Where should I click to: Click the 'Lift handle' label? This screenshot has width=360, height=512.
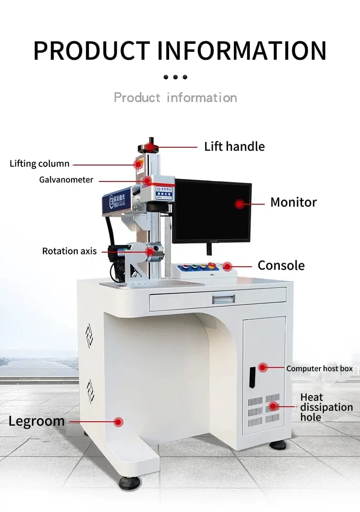point(234,146)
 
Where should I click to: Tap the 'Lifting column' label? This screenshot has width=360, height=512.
point(40,164)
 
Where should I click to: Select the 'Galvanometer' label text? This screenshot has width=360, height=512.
point(66,180)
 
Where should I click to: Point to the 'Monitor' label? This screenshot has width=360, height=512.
point(293,202)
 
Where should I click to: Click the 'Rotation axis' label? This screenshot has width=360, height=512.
point(69,251)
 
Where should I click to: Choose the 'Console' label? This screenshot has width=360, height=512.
point(281,265)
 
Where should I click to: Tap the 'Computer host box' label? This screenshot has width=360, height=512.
point(319,368)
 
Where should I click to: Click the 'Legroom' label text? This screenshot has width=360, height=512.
point(36,421)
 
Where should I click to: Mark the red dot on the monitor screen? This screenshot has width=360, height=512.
point(239,204)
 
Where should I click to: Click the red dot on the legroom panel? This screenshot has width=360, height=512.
point(118,422)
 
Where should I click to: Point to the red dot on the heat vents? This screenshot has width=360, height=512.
point(273,406)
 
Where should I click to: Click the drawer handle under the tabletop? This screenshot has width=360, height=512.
point(223,298)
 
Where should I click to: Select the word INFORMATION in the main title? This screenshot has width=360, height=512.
point(242,51)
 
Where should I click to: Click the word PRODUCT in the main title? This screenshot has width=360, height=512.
point(92,51)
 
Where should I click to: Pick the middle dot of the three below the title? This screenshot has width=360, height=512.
point(175,77)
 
